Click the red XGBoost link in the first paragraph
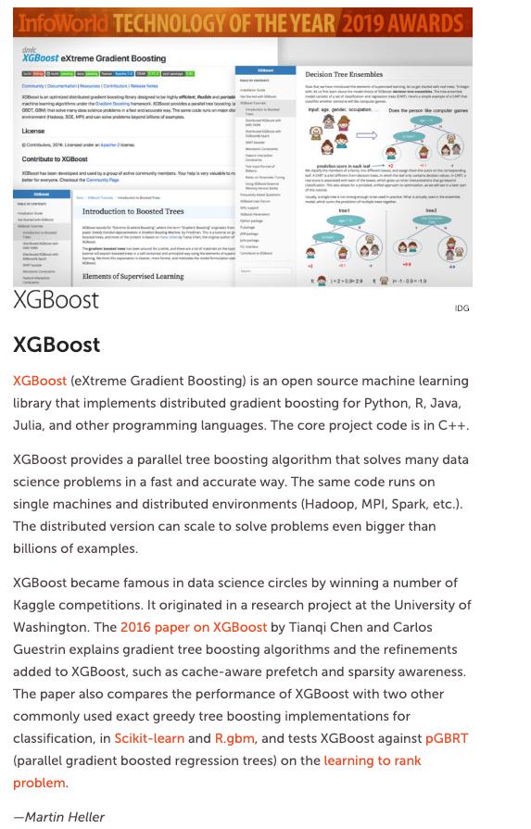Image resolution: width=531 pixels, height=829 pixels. [40, 381]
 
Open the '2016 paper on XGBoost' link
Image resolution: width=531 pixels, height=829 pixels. [193, 627]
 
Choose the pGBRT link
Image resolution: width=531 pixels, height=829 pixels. [447, 738]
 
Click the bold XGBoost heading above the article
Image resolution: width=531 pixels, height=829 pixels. [57, 345]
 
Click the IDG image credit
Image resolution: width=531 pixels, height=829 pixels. [461, 308]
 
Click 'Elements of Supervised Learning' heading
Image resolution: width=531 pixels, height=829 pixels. [133, 275]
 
